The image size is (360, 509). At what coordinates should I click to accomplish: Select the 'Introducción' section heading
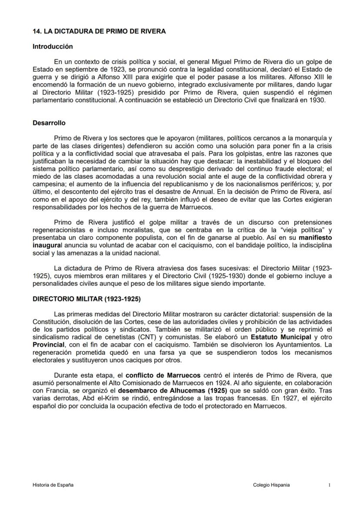pos(53,47)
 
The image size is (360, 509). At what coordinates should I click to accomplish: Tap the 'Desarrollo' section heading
pos(49,123)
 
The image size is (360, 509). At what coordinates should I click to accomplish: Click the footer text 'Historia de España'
pos(53,485)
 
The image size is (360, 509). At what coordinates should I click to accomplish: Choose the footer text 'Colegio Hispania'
pos(271,485)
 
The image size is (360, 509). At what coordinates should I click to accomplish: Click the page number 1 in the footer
pos(330,485)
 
